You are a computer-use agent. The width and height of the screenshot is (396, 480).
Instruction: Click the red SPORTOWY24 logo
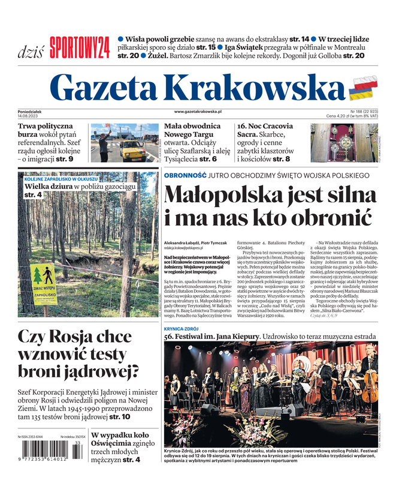pyautogui.click(x=79, y=47)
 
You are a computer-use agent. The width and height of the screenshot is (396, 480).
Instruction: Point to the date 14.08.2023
pyautogui.click(x=28, y=116)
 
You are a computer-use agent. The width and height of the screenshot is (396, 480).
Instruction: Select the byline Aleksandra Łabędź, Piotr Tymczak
pyautogui.click(x=195, y=242)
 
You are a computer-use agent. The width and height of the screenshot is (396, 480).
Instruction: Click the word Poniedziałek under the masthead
pyautogui.click(x=34, y=111)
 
